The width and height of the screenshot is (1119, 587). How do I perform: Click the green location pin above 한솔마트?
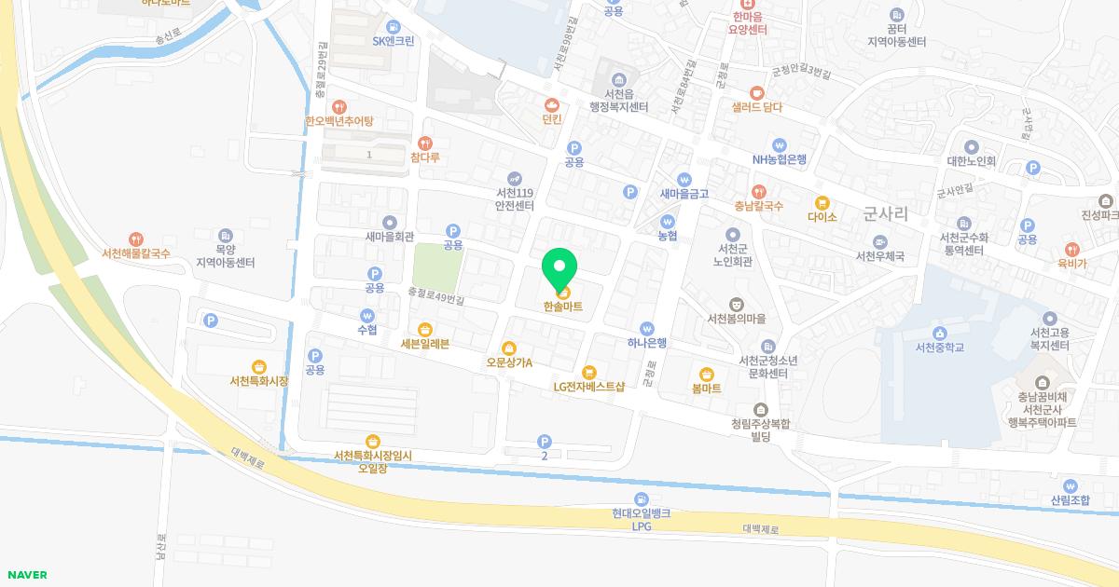coord(559,267)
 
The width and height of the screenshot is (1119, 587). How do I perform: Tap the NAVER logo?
coord(26,575)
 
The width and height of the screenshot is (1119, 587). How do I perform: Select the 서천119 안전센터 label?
coord(515,199)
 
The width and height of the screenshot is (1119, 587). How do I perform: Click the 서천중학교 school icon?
coord(939,333)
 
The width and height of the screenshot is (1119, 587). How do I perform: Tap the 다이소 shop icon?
coord(822,202)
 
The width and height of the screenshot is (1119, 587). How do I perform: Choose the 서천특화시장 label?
coord(259,381)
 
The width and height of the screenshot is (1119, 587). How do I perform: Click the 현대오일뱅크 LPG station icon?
coord(642,500)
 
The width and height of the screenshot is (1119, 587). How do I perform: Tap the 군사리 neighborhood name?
coord(886,213)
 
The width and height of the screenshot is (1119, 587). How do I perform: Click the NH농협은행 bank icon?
coord(780,144)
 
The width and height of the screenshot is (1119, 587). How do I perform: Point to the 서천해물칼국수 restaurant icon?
coord(136,239)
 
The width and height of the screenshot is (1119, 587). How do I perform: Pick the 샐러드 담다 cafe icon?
coord(756,92)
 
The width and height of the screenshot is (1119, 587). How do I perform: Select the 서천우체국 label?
coord(880,255)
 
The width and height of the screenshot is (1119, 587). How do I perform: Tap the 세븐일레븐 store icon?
coord(425,329)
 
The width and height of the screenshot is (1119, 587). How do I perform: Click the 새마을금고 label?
coord(684,194)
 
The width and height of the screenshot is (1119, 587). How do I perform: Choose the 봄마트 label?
coord(707,389)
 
